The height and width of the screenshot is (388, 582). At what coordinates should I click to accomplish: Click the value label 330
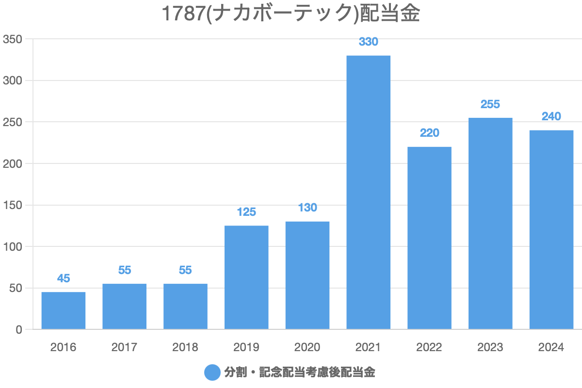point(368,42)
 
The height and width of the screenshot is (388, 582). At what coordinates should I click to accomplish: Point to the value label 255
point(490,104)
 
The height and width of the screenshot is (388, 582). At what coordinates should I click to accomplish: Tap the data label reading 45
point(64,278)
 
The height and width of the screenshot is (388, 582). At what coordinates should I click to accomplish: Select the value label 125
point(246,212)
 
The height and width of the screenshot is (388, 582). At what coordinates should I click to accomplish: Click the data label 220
point(429,133)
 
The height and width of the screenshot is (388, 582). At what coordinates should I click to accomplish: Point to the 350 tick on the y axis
point(13,39)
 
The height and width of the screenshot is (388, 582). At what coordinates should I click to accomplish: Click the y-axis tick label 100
point(13,247)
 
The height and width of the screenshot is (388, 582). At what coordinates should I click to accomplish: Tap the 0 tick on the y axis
point(19,330)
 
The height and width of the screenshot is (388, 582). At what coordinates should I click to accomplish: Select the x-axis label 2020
point(307,347)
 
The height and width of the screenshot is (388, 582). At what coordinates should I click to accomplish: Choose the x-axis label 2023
point(490,347)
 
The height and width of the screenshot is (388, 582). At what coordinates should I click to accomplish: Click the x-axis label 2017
point(124,347)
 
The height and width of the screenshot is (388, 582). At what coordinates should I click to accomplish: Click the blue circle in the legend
point(212,372)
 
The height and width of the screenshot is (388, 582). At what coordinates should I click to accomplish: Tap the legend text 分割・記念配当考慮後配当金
point(300,372)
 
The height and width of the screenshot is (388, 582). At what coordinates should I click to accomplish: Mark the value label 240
point(551,116)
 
